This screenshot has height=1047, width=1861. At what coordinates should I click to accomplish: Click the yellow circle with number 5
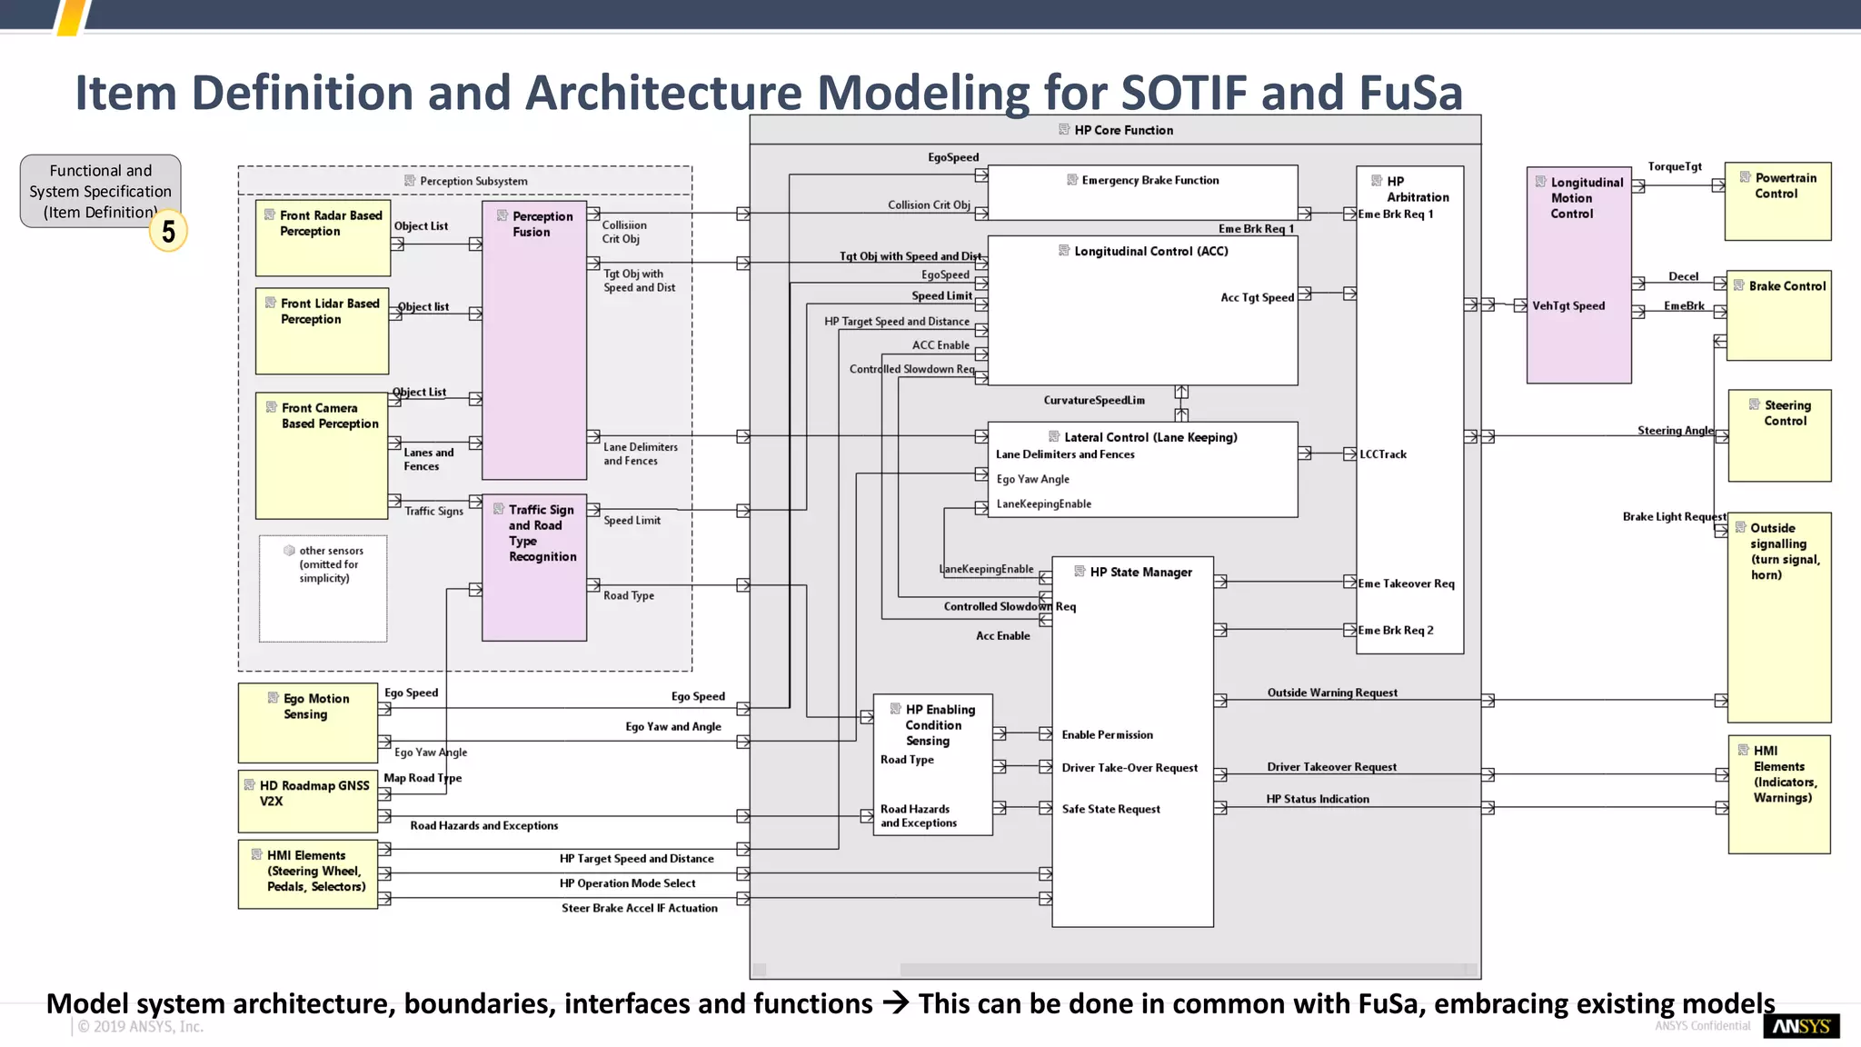coord(168,231)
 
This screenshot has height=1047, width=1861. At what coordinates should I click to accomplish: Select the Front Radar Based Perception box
coord(323,237)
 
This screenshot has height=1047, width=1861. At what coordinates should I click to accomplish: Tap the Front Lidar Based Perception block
coord(323,330)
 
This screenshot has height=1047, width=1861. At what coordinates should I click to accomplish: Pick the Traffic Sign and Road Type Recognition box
coord(534,568)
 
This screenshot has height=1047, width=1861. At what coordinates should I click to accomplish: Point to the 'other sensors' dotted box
coord(323,588)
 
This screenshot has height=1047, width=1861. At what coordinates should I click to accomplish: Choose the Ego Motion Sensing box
coord(307,723)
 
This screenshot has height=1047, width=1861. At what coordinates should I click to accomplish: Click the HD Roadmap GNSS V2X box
coord(307,801)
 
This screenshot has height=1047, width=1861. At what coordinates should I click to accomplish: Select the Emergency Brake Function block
coord(1142,192)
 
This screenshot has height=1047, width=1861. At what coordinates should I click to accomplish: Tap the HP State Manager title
coord(1140,572)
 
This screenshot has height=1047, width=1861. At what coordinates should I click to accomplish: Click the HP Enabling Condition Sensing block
coord(932,764)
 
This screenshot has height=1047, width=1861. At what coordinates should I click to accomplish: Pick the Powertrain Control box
coord(1777,201)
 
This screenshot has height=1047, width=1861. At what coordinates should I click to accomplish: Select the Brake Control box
coord(1778,314)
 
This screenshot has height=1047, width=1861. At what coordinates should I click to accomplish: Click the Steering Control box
coord(1779,435)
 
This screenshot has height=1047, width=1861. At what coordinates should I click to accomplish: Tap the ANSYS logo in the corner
coord(1801,1026)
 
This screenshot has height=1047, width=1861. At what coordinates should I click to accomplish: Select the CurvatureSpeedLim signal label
coord(1094,400)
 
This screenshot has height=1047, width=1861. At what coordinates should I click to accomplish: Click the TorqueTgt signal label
coord(1675,166)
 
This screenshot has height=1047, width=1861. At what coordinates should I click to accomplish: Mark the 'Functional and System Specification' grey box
coord(100,191)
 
